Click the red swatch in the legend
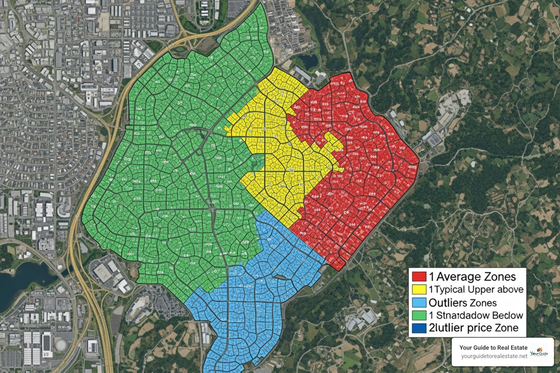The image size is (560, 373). click(419, 276)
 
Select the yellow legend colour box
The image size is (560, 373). click(419, 289)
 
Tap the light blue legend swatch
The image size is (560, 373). click(419, 302)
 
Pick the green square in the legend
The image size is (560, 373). click(419, 315)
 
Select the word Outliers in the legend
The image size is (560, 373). click(448, 303)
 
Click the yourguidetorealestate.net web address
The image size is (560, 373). click(494, 356)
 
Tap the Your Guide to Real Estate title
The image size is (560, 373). click(493, 348)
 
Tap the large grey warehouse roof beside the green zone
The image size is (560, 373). click(102, 271)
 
